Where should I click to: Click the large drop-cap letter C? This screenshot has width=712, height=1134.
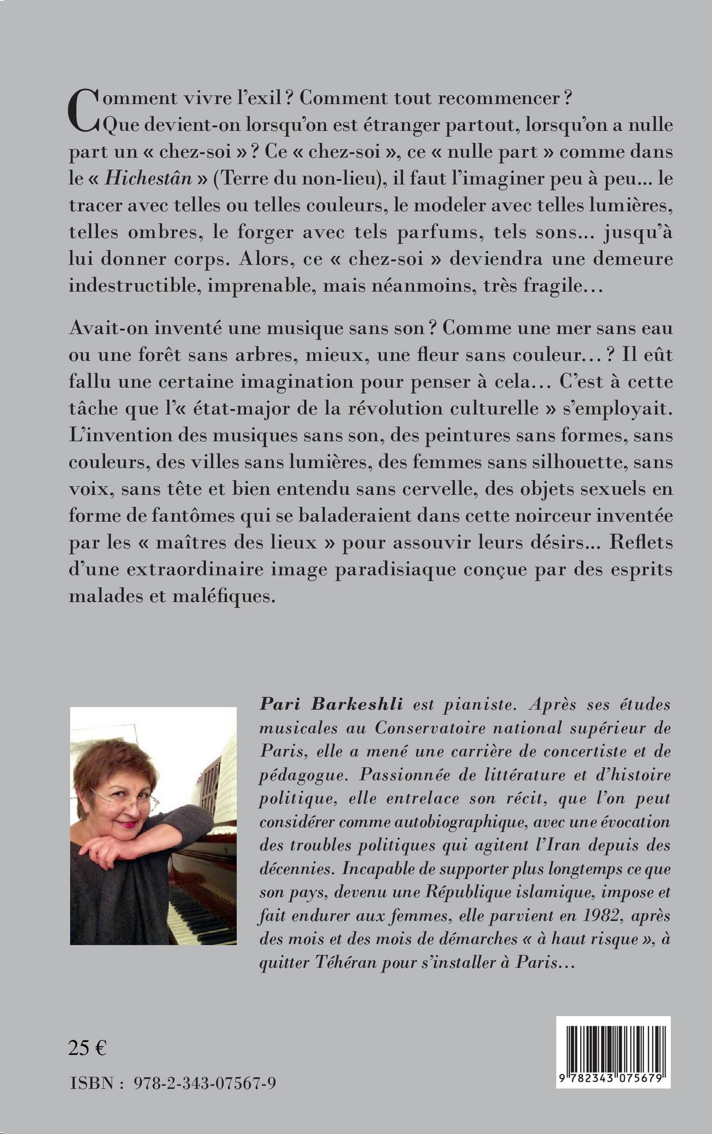pos(83,110)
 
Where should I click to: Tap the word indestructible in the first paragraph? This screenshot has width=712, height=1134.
pos(132,285)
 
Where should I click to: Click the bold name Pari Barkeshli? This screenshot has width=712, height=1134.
pos(331,704)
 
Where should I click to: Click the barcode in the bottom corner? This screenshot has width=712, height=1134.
pos(613,1045)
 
